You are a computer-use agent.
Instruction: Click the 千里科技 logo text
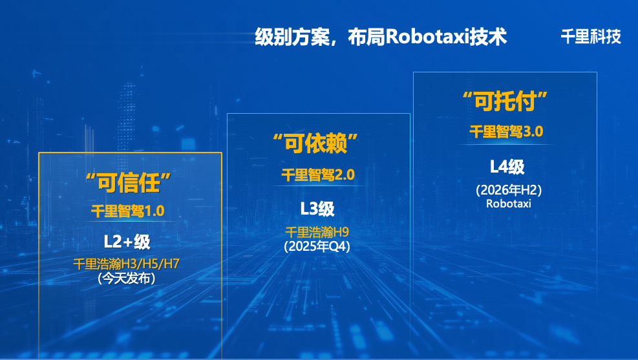click(591, 37)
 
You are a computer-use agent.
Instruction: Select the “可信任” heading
click(128, 183)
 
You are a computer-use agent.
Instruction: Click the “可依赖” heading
click(315, 143)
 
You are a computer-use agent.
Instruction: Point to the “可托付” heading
click(505, 101)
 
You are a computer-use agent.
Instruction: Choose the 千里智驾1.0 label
click(128, 211)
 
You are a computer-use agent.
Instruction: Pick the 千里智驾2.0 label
click(318, 175)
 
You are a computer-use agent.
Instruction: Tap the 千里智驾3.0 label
click(506, 131)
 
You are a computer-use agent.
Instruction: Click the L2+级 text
click(127, 242)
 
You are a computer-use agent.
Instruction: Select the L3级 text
click(317, 209)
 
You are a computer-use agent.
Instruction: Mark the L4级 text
click(507, 167)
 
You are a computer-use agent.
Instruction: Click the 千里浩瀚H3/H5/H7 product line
click(126, 264)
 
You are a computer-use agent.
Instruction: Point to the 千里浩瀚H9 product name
click(317, 232)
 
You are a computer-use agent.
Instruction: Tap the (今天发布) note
click(127, 278)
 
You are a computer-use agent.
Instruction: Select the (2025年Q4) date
click(317, 246)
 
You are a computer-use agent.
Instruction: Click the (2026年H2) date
click(509, 190)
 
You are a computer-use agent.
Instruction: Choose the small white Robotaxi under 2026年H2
click(509, 204)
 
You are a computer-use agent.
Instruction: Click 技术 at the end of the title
click(488, 37)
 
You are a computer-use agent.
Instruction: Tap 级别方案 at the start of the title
click(292, 37)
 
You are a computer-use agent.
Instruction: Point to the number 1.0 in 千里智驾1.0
click(154, 211)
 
